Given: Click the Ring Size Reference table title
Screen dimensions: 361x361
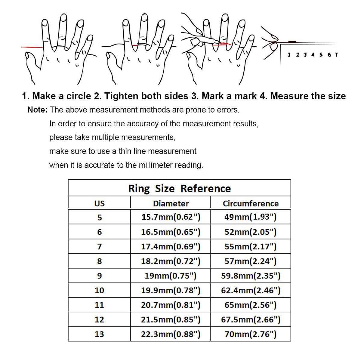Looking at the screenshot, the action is coord(179,188).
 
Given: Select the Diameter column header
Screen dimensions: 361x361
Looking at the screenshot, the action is coord(171,203).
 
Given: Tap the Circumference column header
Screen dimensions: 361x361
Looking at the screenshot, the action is coord(251,203).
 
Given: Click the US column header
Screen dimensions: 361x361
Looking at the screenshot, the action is coord(99,203).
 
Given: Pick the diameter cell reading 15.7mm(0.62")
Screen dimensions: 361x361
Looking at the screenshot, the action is coord(171,217).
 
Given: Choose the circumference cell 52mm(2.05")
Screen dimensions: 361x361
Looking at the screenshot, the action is coord(250,232).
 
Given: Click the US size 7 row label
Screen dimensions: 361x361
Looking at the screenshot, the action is coord(99,246).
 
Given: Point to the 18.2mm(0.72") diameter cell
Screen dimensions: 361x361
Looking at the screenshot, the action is coord(171,261).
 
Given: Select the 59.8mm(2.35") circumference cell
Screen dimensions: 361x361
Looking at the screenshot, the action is coord(251,276).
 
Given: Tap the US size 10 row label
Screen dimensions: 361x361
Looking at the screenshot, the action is coord(99,290).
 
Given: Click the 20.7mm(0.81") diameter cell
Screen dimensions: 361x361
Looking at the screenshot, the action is coord(171,305).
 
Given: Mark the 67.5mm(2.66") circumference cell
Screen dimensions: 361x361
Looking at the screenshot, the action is coord(251,319).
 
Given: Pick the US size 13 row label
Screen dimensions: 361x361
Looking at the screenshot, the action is coord(99,334).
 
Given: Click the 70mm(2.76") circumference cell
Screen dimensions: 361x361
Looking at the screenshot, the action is coord(250,334).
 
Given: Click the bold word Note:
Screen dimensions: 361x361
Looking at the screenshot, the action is coord(37,110).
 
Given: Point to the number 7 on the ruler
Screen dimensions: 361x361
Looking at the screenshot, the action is coord(336,55).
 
